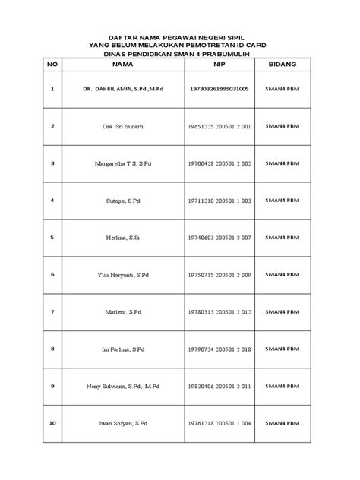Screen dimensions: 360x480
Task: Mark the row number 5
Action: (x=52, y=237)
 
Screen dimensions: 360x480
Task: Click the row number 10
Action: (x=52, y=423)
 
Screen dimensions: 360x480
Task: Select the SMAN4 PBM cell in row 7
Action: (x=281, y=311)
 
